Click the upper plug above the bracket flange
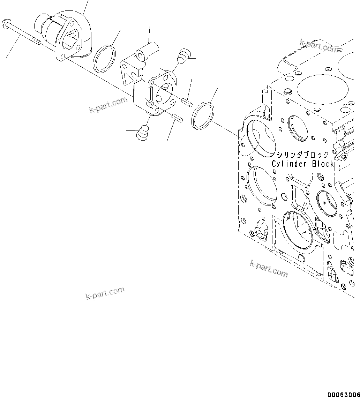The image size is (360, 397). coord(183,56)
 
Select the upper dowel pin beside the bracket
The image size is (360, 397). coord(186,102)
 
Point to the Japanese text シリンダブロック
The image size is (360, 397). coord(303,155)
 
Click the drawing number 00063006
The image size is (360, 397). coord(343,394)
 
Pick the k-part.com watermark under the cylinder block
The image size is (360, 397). coord(269,269)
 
